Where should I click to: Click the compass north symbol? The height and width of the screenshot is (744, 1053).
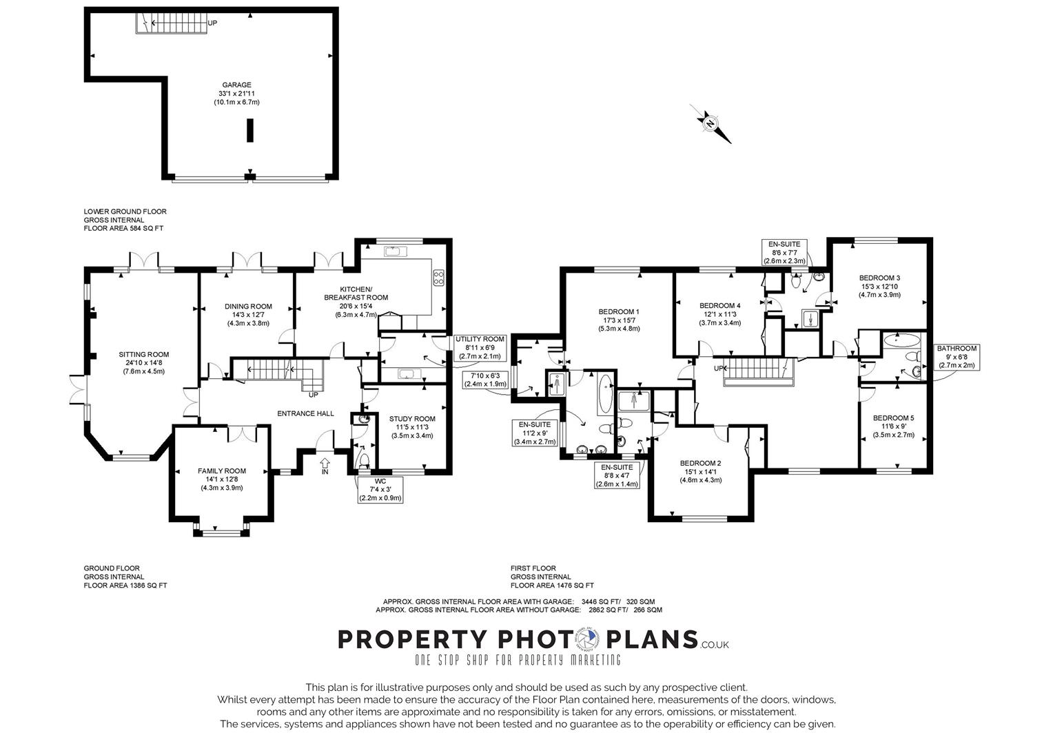point(710,124)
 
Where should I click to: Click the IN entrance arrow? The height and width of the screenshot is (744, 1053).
point(325,468)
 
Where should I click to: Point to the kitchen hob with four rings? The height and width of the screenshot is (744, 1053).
point(438,277)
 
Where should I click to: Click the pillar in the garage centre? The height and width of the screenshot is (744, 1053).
point(250,130)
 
